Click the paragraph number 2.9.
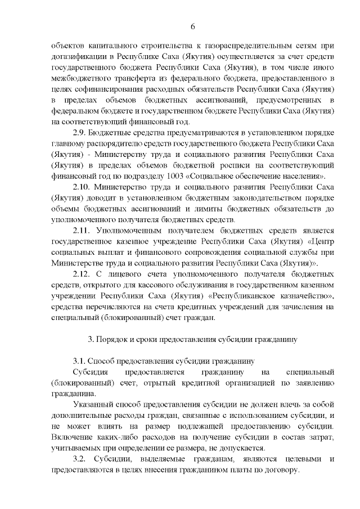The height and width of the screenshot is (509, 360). pos(82,133)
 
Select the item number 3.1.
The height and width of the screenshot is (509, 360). pos(79,361)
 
